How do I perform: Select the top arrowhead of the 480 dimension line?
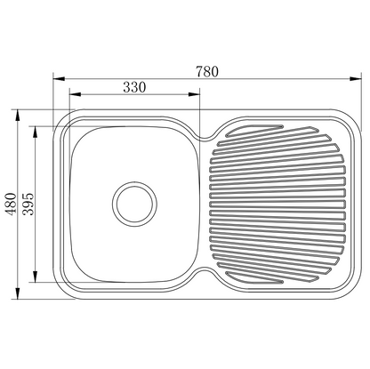pyautogui.click(x=20, y=114)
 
